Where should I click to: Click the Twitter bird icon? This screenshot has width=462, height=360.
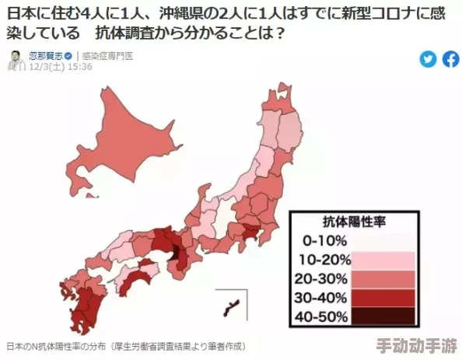tap(428, 59)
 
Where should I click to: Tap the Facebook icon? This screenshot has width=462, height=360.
tap(451, 59)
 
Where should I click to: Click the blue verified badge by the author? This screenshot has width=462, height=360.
tap(68, 56)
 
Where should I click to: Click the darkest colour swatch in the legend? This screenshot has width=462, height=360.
tap(383, 316)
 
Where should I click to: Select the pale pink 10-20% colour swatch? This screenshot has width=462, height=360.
tap(383, 260)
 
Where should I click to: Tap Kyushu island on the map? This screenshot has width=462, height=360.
tap(78, 299)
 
